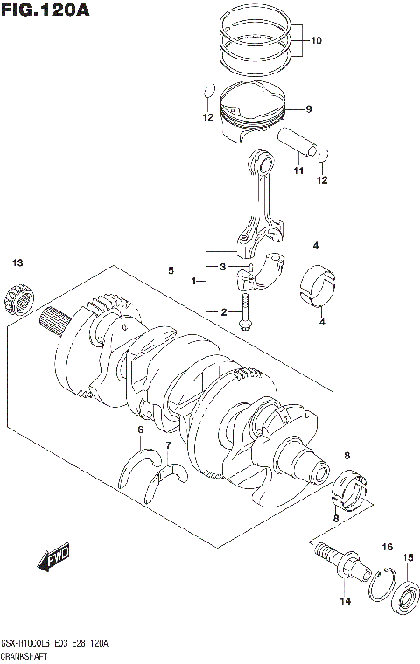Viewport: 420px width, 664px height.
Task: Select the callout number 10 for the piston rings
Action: click(316, 40)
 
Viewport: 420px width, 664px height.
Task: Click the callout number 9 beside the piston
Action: click(308, 109)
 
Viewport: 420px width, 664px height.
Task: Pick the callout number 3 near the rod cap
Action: click(223, 266)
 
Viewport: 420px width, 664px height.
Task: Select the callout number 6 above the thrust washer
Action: click(139, 429)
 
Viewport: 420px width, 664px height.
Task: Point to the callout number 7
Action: click(169, 446)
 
